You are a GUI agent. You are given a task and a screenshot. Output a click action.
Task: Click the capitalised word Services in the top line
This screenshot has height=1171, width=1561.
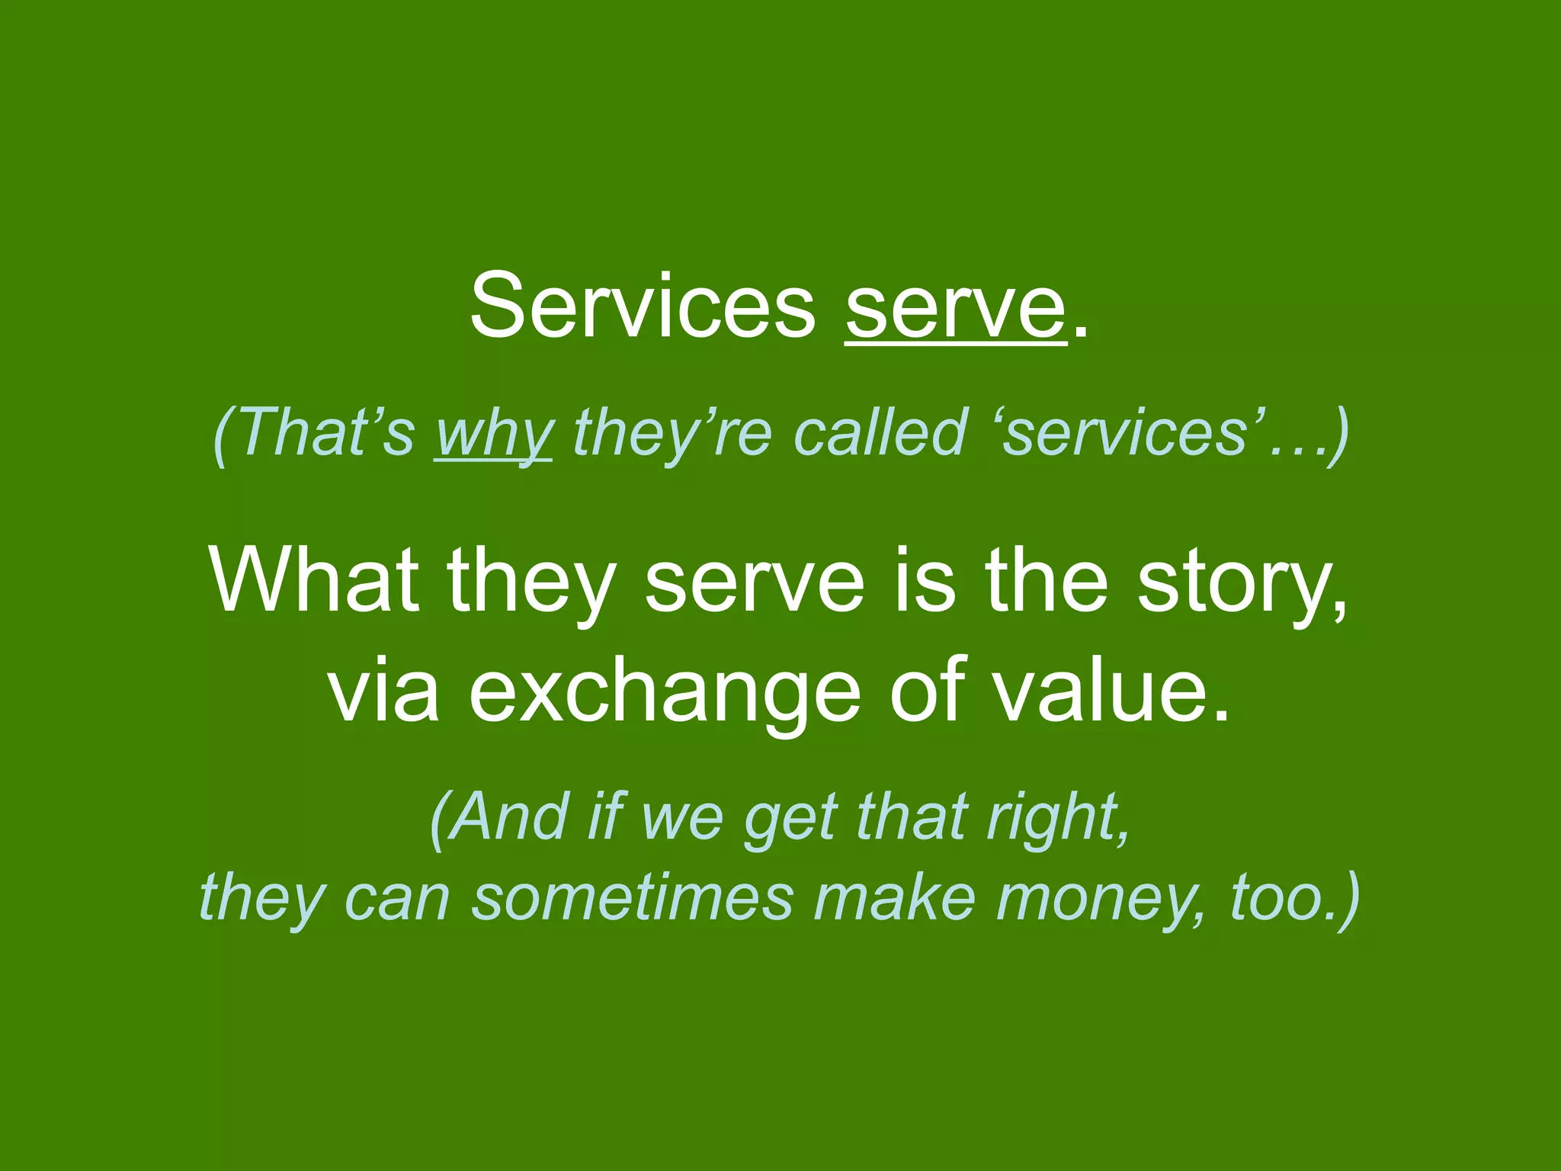tap(643, 307)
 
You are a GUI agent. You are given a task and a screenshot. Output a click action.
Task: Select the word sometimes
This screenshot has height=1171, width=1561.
tap(633, 897)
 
